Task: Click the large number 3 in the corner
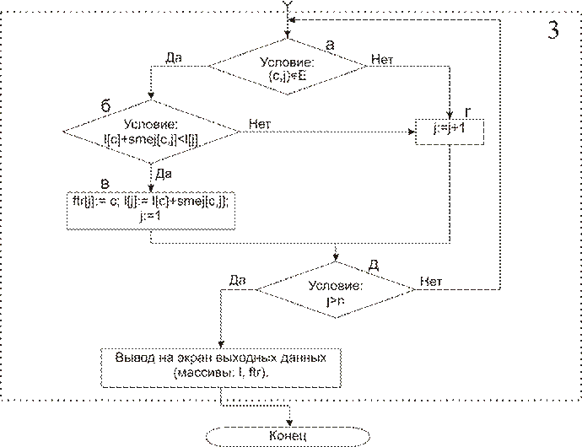coord(552,30)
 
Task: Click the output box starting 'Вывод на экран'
coord(221,365)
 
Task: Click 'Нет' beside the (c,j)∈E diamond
coord(381,61)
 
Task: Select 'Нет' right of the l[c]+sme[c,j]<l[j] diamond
coord(261,123)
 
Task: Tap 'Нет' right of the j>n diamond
coord(430,281)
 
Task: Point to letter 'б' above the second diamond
coord(105,105)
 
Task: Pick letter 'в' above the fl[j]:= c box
coord(104,184)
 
